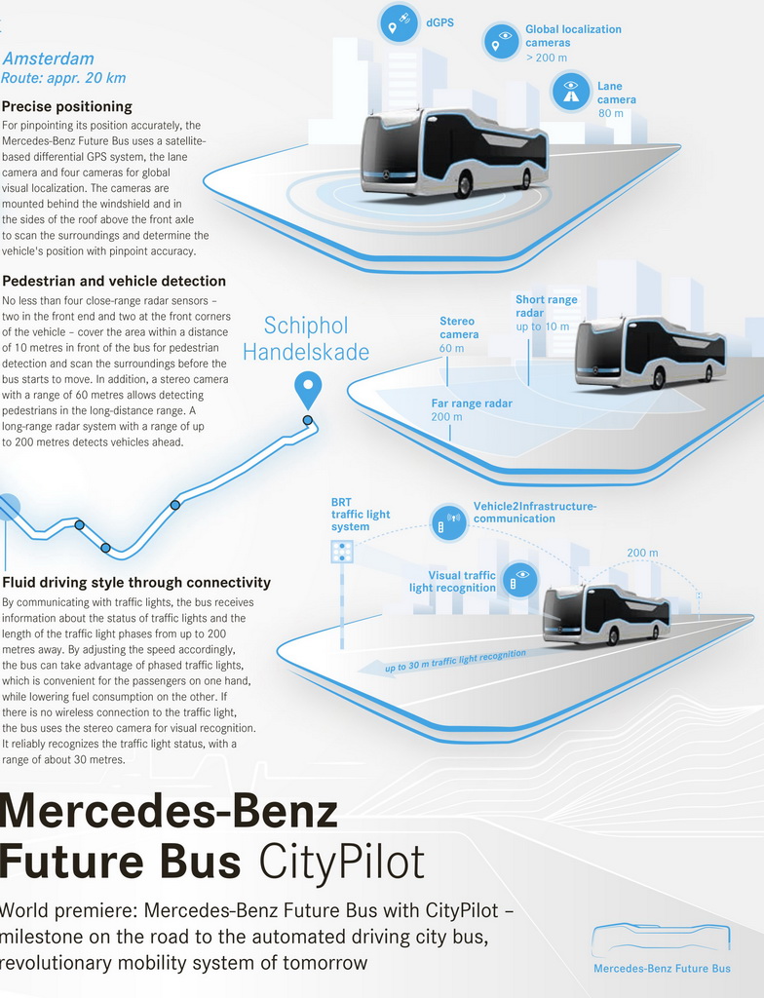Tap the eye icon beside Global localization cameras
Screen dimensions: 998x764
coord(503,40)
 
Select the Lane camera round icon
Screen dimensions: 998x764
coord(571,92)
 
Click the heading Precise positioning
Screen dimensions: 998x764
coord(67,106)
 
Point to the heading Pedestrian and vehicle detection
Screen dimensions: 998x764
coord(114,282)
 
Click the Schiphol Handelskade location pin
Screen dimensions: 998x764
coord(308,389)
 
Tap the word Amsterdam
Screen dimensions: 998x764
coord(49,58)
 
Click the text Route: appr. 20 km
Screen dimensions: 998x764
coord(64,78)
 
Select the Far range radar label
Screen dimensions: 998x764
coord(472,403)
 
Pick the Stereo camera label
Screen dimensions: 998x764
coord(457,327)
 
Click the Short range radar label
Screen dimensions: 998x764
coord(546,306)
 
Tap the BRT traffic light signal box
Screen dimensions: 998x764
coord(342,553)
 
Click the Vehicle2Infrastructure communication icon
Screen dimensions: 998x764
coord(448,522)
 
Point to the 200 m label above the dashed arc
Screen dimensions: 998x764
coord(641,553)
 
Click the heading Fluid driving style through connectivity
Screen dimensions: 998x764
coord(136,583)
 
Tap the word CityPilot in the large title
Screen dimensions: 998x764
coord(341,862)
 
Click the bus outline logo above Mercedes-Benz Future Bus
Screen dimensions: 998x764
coord(661,938)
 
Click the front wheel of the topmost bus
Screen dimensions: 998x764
coord(464,185)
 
